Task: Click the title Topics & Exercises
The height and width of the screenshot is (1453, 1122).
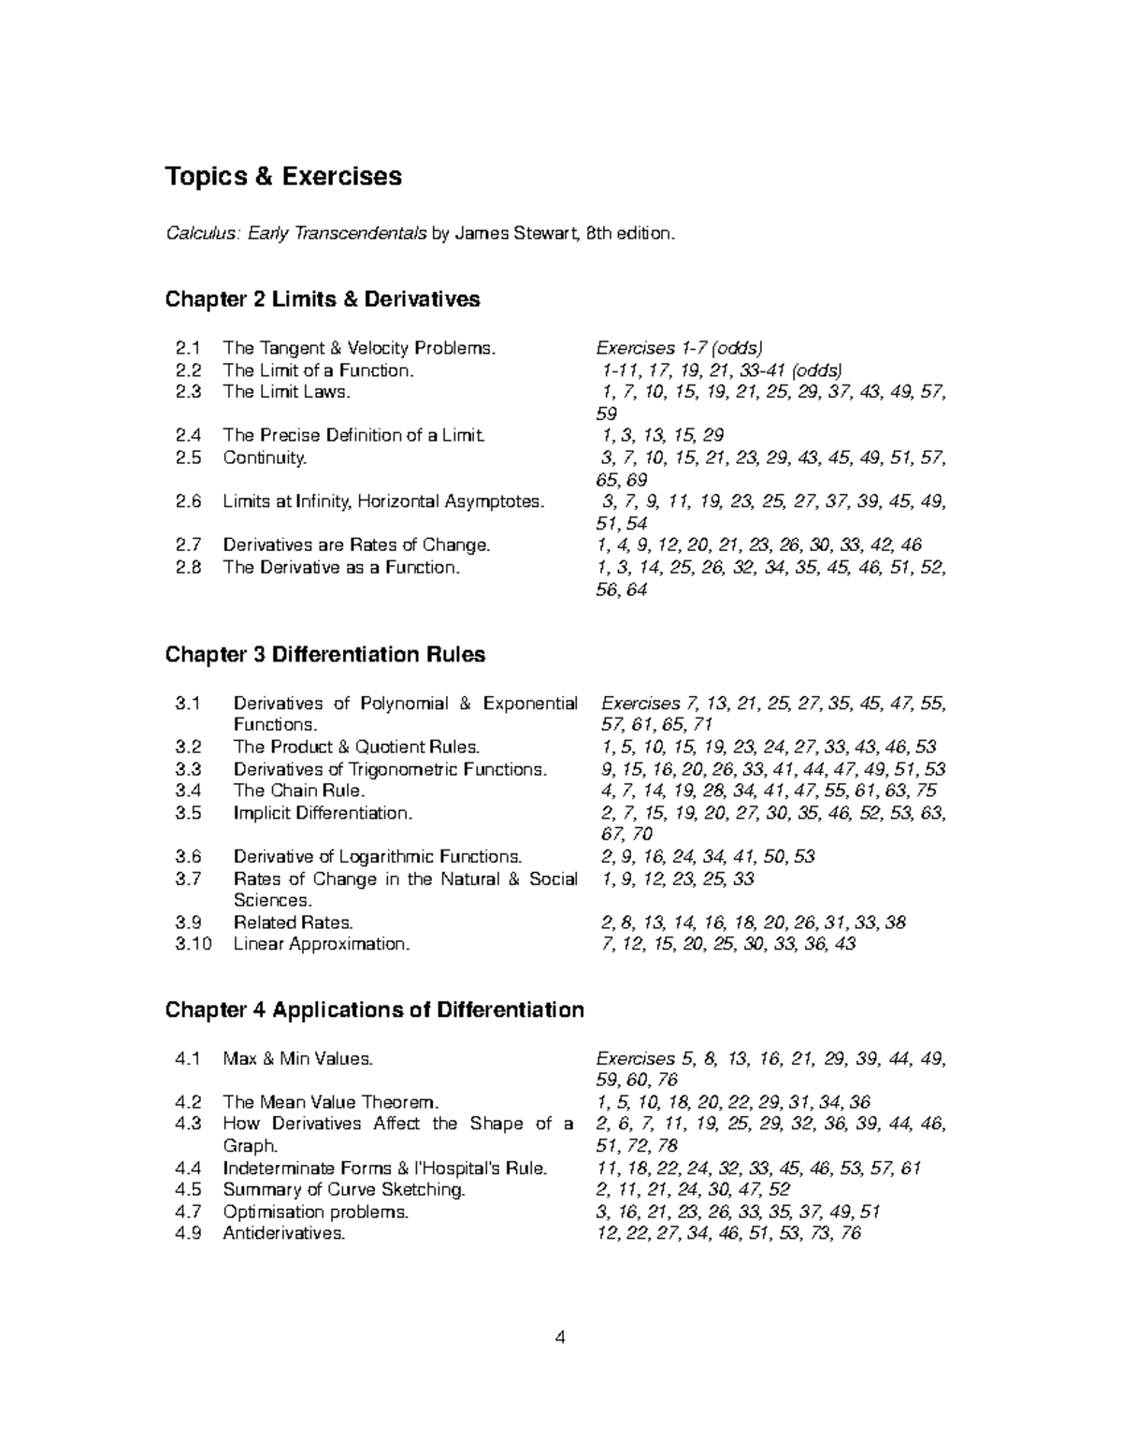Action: [x=283, y=177]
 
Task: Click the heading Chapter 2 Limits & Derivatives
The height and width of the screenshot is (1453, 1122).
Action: [x=322, y=299]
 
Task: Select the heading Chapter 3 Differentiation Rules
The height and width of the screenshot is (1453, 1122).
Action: [x=324, y=654]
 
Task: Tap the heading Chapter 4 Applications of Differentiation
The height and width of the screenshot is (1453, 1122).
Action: [x=374, y=1010]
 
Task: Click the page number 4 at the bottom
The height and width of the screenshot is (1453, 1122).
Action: [x=560, y=1337]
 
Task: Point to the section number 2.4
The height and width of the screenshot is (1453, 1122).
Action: [x=188, y=435]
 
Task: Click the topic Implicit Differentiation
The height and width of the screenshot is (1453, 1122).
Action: [x=323, y=813]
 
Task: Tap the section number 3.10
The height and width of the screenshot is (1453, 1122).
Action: [x=194, y=944]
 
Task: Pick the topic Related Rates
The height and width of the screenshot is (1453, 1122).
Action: [x=293, y=923]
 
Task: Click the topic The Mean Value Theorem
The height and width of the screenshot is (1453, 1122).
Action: [x=330, y=1102]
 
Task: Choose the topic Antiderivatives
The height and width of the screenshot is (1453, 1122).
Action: [x=283, y=1234]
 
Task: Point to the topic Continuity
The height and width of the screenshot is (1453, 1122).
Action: [x=265, y=458]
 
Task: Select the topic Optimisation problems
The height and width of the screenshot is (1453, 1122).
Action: [x=315, y=1213]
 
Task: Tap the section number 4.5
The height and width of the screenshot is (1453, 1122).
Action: [x=188, y=1190]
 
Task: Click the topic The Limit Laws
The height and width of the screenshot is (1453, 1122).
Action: [x=286, y=392]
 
